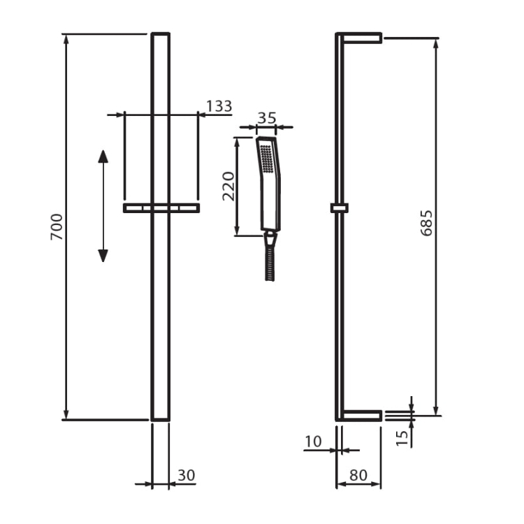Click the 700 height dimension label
tap(57, 227)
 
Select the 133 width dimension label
tap(219, 106)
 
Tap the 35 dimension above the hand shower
tap(267, 118)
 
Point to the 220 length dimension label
tap(229, 186)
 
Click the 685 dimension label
tap(426, 224)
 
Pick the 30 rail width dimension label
tap(186, 475)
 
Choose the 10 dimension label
tap(313, 442)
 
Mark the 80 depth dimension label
tap(358, 475)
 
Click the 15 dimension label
tap(402, 438)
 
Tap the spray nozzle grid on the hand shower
tap(265, 159)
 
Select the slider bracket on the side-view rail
tap(340, 208)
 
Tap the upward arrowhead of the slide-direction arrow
tap(103, 156)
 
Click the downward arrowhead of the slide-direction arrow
tap(103, 256)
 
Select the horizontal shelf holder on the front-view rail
tap(161, 208)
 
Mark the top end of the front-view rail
tap(161, 34)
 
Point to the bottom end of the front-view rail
tap(161, 420)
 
